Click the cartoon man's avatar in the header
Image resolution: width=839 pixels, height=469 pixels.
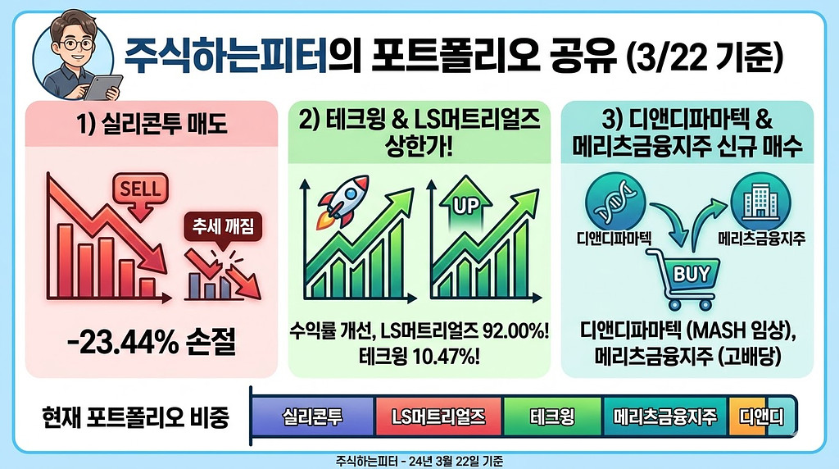(x=73, y=54)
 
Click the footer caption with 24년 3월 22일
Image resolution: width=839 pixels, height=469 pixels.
(x=419, y=461)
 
